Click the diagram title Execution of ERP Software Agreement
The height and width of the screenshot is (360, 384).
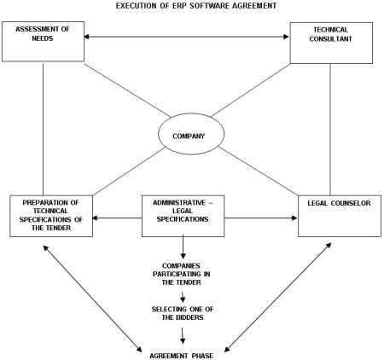point(196,6)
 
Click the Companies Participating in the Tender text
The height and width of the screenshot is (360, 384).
point(182,274)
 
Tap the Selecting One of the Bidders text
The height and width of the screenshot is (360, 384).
point(183,313)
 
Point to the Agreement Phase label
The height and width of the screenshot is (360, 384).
point(182,356)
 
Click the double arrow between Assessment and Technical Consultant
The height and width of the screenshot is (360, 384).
point(187,37)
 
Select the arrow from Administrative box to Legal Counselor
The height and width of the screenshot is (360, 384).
point(261,218)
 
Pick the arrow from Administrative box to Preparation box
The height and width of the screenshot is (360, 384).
point(117,218)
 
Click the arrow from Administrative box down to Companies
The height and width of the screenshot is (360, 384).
point(183,247)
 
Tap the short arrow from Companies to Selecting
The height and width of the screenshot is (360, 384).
point(183,297)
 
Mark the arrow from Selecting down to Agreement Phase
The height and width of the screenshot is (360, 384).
point(183,336)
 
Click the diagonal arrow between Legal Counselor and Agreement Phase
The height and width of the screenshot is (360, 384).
point(278,298)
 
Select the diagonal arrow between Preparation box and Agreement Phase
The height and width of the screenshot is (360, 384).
point(92,299)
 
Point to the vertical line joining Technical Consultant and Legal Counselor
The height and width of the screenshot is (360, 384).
point(330,130)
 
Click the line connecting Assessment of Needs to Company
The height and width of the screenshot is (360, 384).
point(127,90)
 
